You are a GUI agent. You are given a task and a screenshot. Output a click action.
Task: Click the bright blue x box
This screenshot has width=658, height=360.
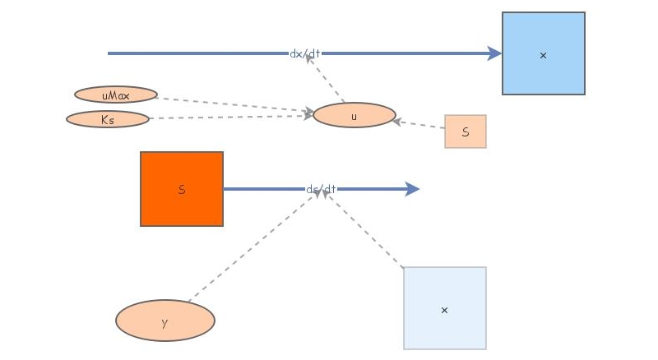coord(543,53)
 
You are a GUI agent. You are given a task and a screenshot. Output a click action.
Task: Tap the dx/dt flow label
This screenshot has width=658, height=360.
coord(305,53)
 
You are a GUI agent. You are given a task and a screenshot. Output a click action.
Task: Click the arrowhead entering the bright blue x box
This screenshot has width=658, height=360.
coord(494,53)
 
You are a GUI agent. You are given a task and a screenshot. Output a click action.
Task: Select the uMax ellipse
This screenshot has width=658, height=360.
coord(116,95)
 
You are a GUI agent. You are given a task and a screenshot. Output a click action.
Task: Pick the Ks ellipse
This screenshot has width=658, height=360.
coord(108,119)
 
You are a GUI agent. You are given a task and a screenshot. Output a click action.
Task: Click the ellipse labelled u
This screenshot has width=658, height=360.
coord(354,115)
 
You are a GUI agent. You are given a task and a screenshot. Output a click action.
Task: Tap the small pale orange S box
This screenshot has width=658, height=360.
coord(466,132)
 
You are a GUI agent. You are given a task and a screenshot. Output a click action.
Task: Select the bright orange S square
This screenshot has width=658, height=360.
coord(182,189)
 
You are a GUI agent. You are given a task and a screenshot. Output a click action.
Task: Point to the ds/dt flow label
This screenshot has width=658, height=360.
coord(321,189)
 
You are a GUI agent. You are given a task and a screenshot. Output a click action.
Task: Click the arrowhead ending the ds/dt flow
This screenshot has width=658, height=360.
coord(413,189)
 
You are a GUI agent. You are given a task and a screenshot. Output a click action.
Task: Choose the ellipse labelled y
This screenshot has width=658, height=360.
coord(165,321)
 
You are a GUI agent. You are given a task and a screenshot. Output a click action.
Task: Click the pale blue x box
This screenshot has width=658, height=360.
coord(445,308)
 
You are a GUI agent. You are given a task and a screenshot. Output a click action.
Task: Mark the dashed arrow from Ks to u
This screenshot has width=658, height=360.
coord(230,118)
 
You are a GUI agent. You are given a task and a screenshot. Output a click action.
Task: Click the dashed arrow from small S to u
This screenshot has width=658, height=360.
coord(419,125)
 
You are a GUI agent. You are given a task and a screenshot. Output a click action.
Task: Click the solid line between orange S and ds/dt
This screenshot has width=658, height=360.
coord(263,189)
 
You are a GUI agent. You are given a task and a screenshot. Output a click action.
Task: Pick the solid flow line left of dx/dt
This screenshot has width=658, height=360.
coord(197,53)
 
